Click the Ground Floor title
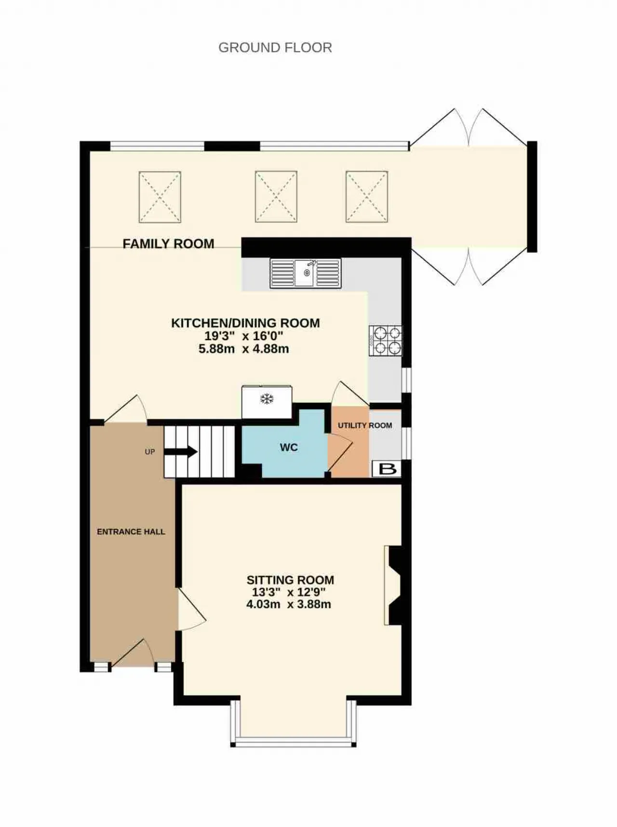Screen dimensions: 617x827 pos(275,48)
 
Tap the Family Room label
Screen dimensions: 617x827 pos(168,244)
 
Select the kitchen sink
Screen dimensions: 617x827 pos(306,273)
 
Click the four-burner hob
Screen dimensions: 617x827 pos(386,341)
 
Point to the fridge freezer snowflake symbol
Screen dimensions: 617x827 pos(267,399)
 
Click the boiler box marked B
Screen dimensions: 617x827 pos(387,469)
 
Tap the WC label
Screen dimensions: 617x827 pos(289,447)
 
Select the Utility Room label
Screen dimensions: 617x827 pos(365,425)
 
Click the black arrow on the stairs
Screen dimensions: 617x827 pos(181,452)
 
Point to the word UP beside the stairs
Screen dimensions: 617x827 pos(150,452)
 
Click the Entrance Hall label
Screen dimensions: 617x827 pos(131,532)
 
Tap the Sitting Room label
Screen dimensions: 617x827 pos(290,580)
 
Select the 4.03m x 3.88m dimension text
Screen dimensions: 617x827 pos(289,604)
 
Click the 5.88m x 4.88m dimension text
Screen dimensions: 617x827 pos(244,349)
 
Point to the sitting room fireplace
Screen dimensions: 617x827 pos(393,585)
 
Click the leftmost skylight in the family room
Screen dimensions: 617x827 pos(160,197)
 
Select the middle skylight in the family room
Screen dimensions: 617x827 pos(276,197)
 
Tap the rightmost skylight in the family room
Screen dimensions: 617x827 pos(367,197)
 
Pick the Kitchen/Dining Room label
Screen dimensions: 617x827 pos(245,323)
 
